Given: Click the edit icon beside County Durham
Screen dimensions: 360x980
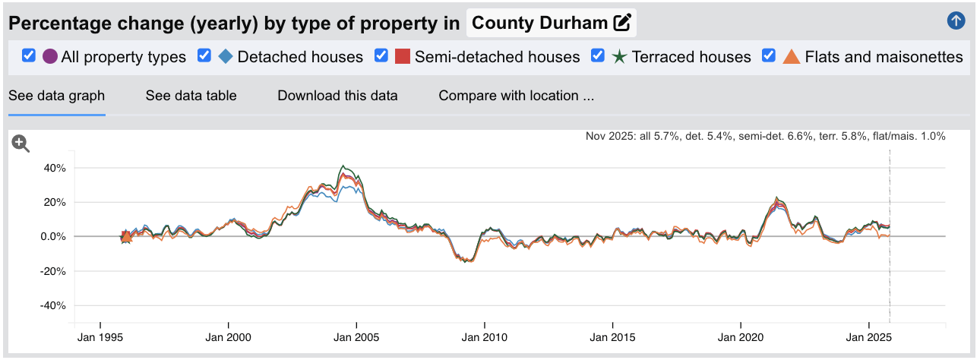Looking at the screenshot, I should click(x=622, y=23).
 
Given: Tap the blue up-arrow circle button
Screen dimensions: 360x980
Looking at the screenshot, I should click(x=956, y=21).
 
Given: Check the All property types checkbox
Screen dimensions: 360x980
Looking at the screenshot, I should click(x=29, y=55).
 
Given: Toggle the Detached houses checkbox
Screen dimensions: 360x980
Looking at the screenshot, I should click(x=204, y=55).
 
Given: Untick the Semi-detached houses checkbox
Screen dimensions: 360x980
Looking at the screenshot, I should click(x=381, y=55).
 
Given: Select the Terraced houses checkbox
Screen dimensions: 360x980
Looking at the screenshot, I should click(x=598, y=55).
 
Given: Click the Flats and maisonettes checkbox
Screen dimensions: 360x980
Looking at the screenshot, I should click(x=769, y=55).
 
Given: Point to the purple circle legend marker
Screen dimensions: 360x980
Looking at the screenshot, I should click(x=50, y=56).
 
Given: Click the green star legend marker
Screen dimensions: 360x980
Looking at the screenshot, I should click(x=619, y=56).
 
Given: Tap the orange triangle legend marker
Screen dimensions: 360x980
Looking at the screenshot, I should click(x=792, y=56).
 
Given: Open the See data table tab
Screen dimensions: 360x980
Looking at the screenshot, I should click(x=191, y=96).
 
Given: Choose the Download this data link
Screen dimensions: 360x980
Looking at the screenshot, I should click(x=337, y=96).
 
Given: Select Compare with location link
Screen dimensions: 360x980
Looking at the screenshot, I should click(x=516, y=96).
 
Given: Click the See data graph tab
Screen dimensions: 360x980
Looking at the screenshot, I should click(x=56, y=96).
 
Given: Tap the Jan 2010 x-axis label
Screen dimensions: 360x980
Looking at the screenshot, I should click(x=485, y=336).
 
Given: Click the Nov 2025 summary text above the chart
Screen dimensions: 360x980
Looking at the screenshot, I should click(x=765, y=137).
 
